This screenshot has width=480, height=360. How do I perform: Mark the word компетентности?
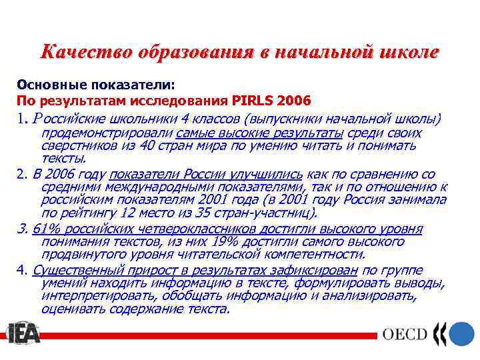pyautogui.click(x=313, y=254)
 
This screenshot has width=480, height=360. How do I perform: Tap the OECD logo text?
pyautogui.click(x=404, y=333)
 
